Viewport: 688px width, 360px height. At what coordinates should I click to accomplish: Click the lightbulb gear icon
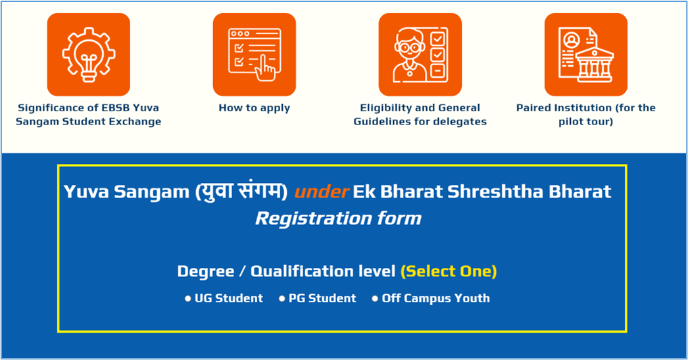[x=89, y=55]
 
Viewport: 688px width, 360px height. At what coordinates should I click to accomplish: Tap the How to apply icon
[x=255, y=55]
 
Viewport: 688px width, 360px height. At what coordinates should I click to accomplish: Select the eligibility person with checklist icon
[x=420, y=55]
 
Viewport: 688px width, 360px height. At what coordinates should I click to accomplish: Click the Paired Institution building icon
[x=586, y=55]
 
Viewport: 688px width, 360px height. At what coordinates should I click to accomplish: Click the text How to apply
[x=255, y=108]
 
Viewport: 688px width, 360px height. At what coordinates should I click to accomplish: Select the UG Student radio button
[x=188, y=299]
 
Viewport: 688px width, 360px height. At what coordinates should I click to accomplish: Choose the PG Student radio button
[x=282, y=299]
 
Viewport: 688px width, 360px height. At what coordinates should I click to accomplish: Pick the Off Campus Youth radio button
[x=375, y=299]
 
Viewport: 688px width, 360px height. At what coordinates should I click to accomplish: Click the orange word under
[x=322, y=192]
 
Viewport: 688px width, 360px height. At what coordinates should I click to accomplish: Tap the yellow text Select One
[x=449, y=271]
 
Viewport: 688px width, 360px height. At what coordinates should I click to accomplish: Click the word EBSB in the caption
[x=117, y=108]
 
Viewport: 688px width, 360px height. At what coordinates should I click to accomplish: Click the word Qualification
[x=323, y=271]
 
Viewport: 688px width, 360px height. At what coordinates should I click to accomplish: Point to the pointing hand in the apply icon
[x=265, y=68]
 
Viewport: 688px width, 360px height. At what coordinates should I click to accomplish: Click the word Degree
[x=206, y=271]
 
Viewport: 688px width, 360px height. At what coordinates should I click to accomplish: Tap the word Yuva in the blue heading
[x=86, y=192]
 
